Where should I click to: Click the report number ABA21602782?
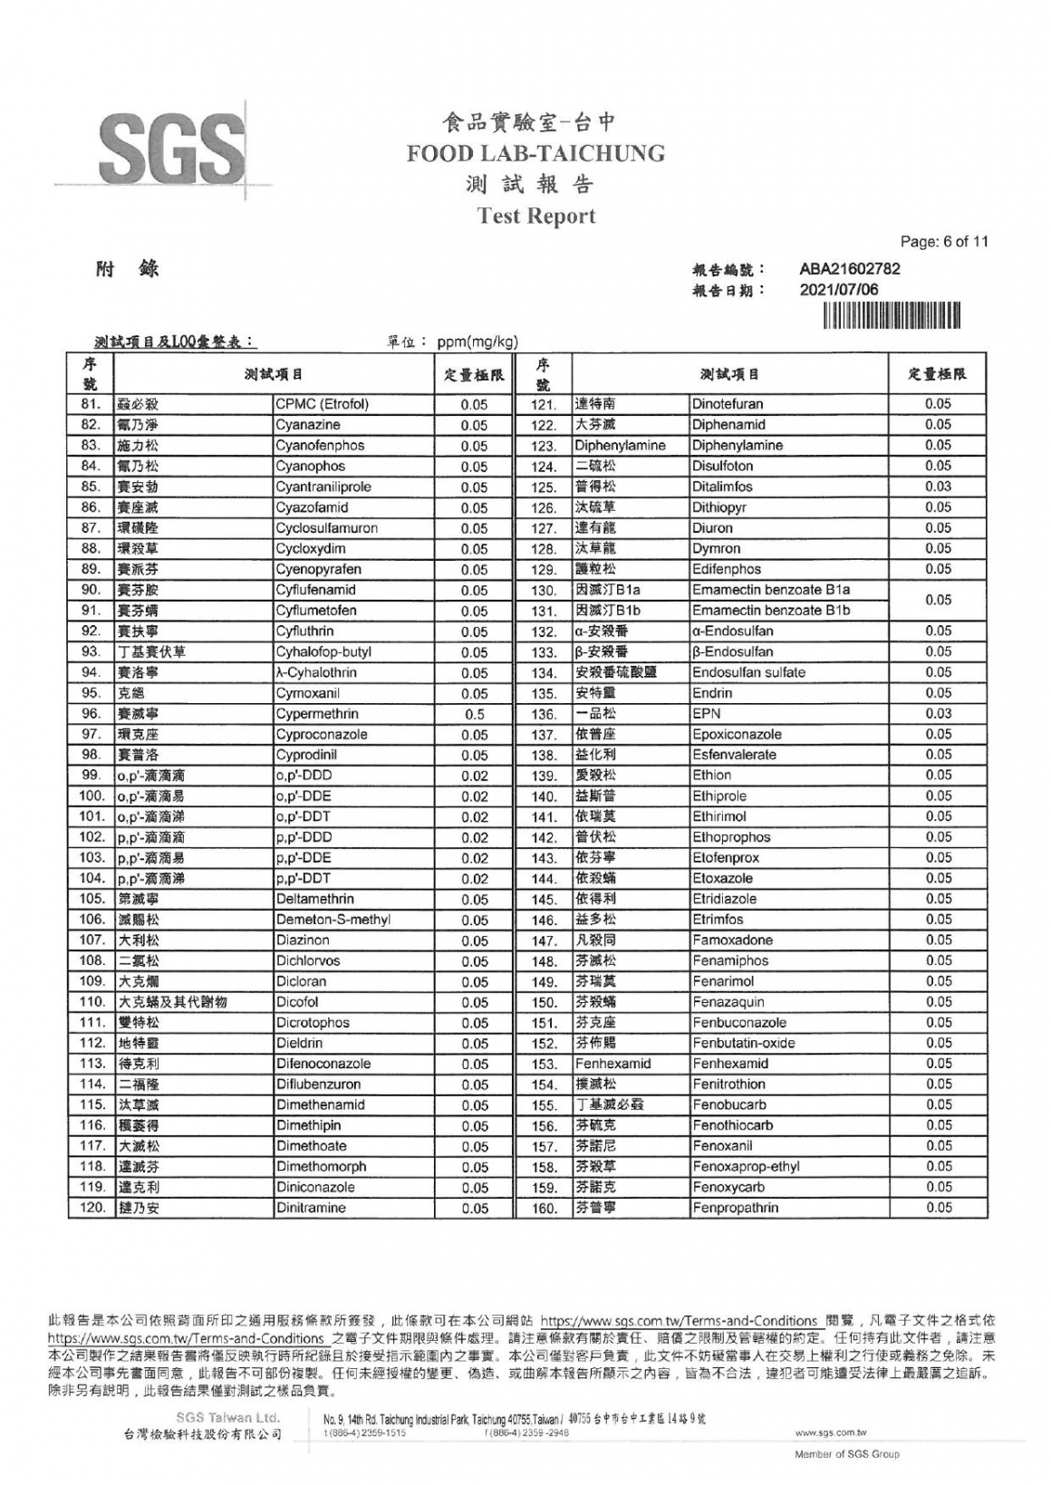(849, 269)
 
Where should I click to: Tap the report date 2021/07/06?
(838, 290)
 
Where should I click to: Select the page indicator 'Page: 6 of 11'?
(944, 242)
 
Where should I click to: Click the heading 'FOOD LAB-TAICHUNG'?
(535, 153)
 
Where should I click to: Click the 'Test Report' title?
(535, 216)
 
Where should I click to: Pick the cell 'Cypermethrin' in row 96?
(317, 714)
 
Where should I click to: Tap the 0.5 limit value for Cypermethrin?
(474, 715)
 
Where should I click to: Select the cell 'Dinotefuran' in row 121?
(728, 404)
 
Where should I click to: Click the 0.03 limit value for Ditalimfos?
(938, 487)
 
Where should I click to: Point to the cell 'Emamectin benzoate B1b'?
(771, 611)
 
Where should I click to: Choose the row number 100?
(92, 796)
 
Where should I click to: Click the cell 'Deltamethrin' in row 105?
(314, 900)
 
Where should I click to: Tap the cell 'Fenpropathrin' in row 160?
(735, 1208)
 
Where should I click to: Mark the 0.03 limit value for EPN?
(938, 714)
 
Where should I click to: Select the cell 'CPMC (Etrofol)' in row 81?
(322, 404)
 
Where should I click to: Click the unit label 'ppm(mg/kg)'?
(477, 342)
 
